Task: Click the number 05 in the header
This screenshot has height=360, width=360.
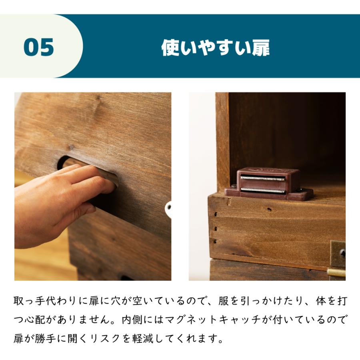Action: coord(39,47)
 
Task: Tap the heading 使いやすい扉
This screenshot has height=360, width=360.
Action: coord(215,48)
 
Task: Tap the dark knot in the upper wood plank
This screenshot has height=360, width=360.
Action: coord(71,147)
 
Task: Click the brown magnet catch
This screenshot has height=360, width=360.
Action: coord(268,184)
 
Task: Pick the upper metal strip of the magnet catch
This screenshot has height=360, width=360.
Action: coord(262,178)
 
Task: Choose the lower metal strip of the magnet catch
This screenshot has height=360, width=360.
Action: coord(262,190)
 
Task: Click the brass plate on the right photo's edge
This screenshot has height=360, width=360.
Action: coord(338,254)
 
